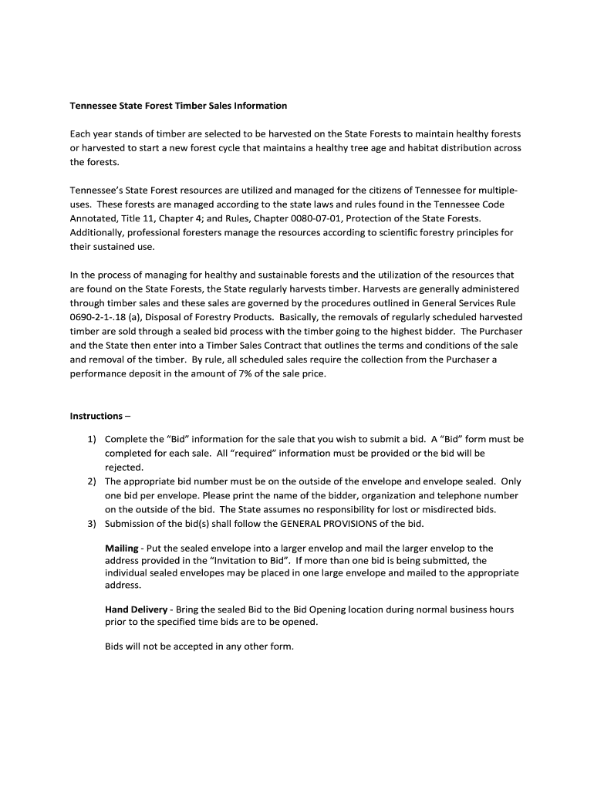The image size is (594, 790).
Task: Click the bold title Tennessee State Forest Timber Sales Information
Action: (178, 106)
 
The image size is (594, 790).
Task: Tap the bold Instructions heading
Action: (96, 416)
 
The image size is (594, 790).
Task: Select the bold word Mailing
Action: (122, 548)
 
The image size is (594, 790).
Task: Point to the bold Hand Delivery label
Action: (136, 609)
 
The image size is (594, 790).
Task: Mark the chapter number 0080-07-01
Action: (278, 218)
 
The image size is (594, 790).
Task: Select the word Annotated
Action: (95, 218)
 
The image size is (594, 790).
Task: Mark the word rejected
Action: (124, 468)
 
